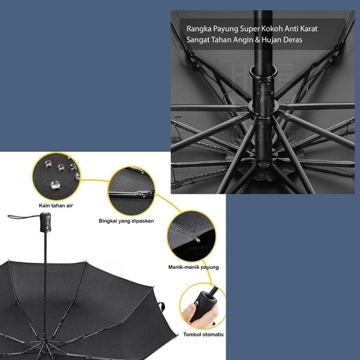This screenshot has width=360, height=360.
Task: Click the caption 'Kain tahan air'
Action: tap(56, 205)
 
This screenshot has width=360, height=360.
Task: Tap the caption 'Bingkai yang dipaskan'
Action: tap(126, 221)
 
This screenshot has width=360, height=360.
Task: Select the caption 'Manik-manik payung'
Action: tap(193, 267)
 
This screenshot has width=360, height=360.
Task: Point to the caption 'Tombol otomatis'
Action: tap(203, 335)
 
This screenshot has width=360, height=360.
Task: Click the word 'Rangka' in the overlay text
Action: tap(199, 29)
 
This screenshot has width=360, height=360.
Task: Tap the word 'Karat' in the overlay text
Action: tap(309, 29)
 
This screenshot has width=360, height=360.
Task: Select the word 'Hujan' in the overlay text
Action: tap(271, 40)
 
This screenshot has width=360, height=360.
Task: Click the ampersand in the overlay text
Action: tap(257, 40)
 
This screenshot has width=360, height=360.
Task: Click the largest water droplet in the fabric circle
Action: tap(55, 185)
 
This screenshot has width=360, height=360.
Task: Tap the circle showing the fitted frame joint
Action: tap(132, 191)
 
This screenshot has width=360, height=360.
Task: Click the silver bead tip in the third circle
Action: tap(197, 240)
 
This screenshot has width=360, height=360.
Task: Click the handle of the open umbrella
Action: tap(46, 222)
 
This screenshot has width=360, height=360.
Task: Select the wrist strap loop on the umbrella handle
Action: tap(23, 217)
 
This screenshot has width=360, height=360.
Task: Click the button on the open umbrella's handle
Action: tap(47, 228)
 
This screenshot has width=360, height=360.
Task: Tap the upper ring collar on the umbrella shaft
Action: tap(263, 71)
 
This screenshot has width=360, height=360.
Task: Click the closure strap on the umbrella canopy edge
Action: tap(162, 307)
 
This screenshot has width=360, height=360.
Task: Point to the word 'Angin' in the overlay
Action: tap(243, 40)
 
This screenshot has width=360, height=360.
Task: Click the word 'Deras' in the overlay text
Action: tap(293, 40)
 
